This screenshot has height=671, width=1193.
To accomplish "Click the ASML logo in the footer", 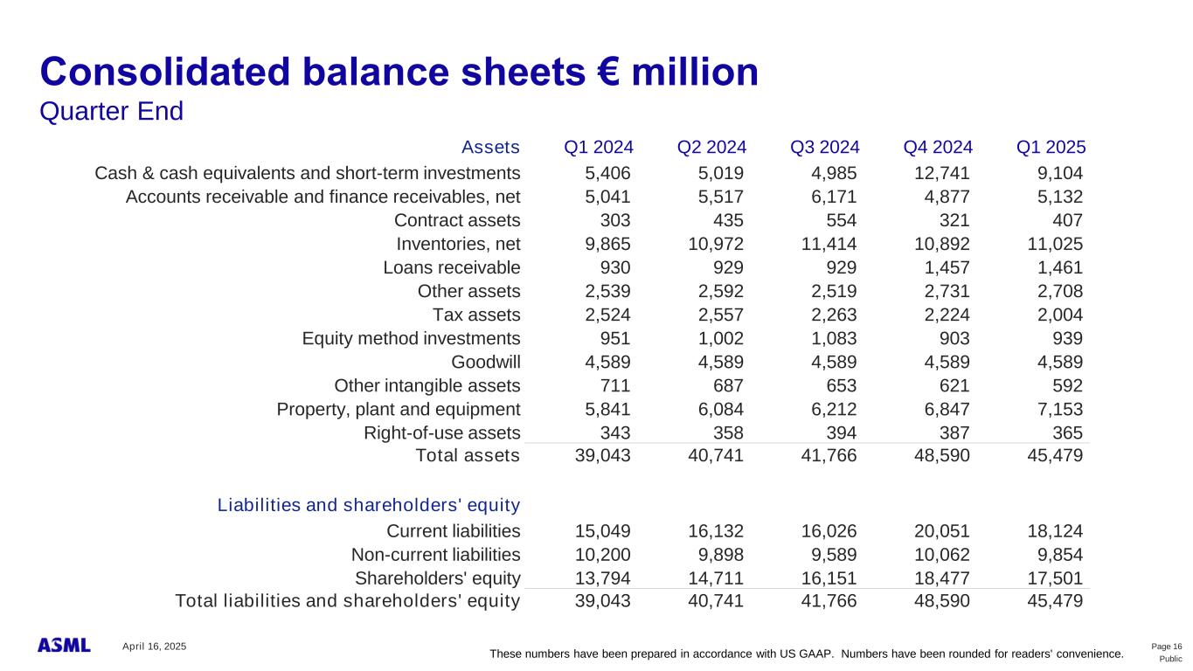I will (x=64, y=645).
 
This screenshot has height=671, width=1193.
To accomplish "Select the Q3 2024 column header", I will (x=824, y=147).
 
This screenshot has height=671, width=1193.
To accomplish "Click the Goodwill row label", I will (x=485, y=362).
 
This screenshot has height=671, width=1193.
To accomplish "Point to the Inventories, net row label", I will (x=458, y=244).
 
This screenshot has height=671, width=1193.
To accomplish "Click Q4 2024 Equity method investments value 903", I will (x=954, y=338).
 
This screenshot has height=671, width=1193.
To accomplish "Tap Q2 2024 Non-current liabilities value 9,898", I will (x=720, y=554).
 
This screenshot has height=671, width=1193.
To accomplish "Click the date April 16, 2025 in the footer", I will (x=155, y=646).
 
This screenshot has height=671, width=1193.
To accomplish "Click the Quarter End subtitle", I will (x=112, y=112).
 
